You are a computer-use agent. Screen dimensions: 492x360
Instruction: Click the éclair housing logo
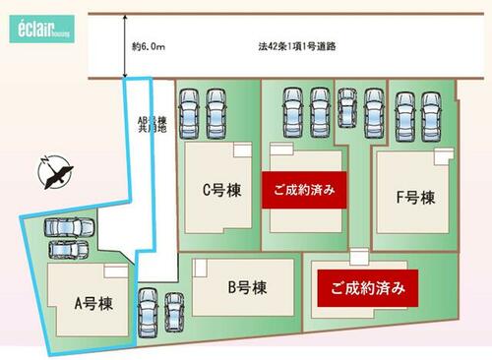pyautogui.click(x=42, y=29)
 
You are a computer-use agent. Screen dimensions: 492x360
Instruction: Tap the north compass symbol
pyautogui.click(x=55, y=173)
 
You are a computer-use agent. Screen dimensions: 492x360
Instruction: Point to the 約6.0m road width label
pyautogui.click(x=149, y=47)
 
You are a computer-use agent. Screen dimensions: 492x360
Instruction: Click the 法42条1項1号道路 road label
pyautogui.click(x=297, y=46)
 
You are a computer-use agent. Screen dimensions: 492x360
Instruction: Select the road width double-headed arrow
pyautogui.click(x=125, y=46)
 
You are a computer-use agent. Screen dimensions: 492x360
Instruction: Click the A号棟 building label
pyautogui.click(x=93, y=304)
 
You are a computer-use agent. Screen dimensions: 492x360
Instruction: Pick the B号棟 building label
pyautogui.click(x=247, y=287)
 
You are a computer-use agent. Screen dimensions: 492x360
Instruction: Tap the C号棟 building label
pyautogui.click(x=222, y=190)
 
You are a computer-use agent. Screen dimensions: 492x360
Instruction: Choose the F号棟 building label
pyautogui.click(x=415, y=198)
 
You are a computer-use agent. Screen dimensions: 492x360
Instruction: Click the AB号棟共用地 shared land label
pyautogui.click(x=152, y=125)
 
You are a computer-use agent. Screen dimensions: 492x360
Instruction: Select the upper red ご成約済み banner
pyautogui.click(x=304, y=190)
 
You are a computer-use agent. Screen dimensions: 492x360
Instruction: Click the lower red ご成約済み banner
pyautogui.click(x=368, y=288)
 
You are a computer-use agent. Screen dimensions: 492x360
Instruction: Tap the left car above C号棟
pyautogui.click(x=189, y=113)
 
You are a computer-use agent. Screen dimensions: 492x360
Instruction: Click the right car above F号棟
pyautogui.click(x=431, y=116)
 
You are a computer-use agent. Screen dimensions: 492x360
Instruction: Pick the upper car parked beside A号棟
pyautogui.click(x=70, y=227)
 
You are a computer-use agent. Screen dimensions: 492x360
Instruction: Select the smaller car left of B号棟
pyautogui.click(x=174, y=313)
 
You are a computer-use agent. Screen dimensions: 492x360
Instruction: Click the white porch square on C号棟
pyautogui.click(x=243, y=150)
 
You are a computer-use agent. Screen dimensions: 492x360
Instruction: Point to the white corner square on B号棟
pyautogui.click(x=200, y=268)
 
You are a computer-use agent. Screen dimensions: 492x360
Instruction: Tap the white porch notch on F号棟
pyautogui.click(x=445, y=156)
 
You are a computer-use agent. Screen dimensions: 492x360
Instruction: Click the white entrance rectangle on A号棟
pyautogui.click(x=116, y=271)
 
